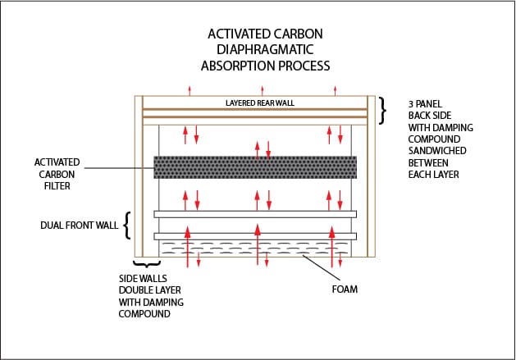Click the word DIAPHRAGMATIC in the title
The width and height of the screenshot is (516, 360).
(x=265, y=50)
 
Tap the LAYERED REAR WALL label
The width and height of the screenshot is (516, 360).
(x=260, y=103)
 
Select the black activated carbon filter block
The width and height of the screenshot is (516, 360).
(x=255, y=167)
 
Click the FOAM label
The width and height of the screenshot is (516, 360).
(x=345, y=289)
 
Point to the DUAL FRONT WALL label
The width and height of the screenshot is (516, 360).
(x=79, y=225)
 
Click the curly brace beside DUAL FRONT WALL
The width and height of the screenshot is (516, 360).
(x=127, y=226)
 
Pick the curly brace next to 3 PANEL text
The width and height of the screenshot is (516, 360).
(x=382, y=111)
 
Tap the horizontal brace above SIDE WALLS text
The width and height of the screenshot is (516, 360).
(x=147, y=264)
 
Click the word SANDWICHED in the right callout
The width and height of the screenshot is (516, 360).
(x=437, y=151)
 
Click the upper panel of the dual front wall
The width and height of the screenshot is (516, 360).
(x=255, y=214)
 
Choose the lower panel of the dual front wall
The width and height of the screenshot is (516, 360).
(x=255, y=236)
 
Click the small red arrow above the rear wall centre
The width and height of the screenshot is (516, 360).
(x=263, y=91)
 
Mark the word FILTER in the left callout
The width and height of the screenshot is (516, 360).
(x=57, y=186)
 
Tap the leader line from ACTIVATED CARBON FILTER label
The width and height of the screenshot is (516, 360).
(x=120, y=168)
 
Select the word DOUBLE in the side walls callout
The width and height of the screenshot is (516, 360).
(x=134, y=290)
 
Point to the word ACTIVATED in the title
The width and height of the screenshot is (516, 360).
(x=237, y=34)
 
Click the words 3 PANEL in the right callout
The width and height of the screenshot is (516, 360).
(x=425, y=104)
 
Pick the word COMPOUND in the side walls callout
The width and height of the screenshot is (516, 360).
(x=144, y=314)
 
